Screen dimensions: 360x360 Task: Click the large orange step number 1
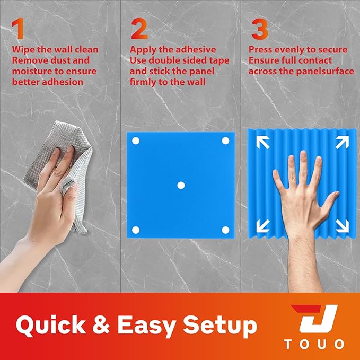click(18, 29)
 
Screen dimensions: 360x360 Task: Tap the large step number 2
click(139, 29)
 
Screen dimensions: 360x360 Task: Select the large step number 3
click(260, 29)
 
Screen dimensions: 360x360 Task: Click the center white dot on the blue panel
click(181, 185)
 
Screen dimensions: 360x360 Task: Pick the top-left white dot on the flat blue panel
click(136, 141)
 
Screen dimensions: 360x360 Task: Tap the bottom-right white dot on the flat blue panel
click(225, 230)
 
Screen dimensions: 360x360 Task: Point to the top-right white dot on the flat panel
click(225, 141)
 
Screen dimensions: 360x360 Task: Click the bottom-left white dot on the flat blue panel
click(136, 230)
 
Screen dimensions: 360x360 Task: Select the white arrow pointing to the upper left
click(263, 142)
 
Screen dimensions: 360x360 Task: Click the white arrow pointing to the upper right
click(343, 142)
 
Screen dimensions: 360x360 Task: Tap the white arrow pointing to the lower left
click(263, 226)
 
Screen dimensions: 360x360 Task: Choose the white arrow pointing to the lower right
click(343, 226)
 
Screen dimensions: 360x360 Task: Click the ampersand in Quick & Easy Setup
click(101, 324)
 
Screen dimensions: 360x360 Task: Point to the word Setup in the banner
click(219, 326)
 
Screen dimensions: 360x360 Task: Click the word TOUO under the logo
click(314, 345)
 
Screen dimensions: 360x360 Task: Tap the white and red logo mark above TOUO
click(314, 319)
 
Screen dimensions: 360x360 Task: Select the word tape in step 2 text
click(219, 60)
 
